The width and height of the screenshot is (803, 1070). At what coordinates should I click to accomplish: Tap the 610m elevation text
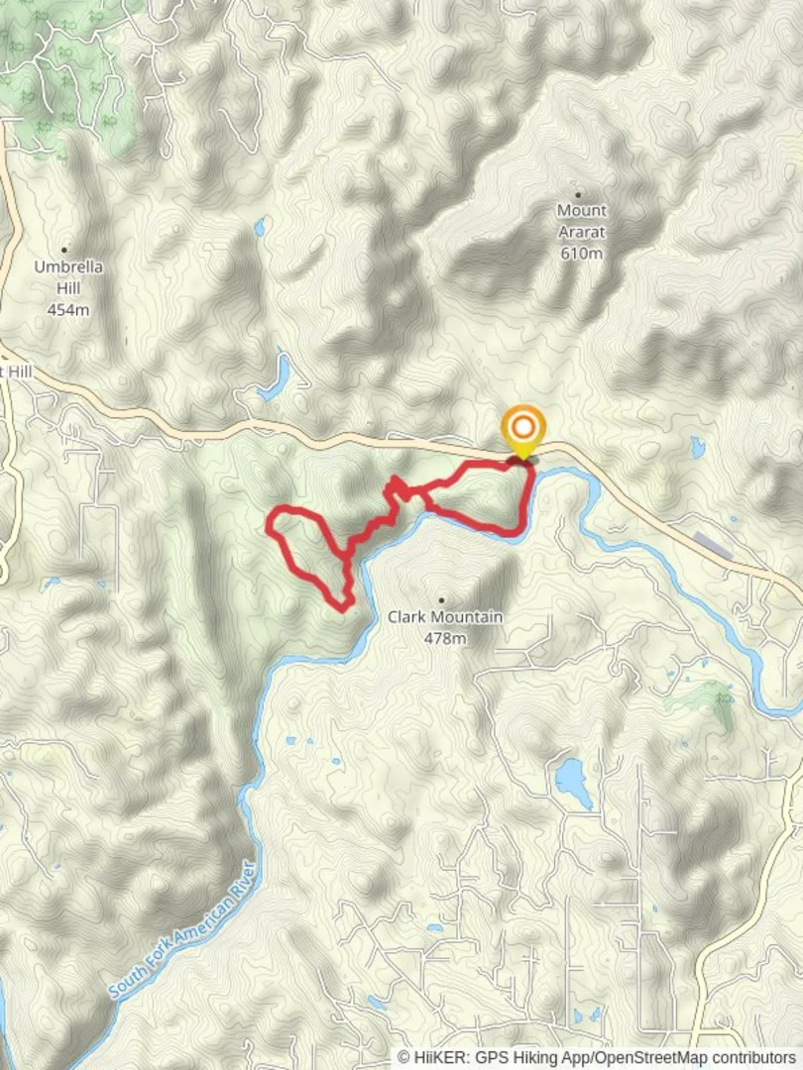(x=581, y=254)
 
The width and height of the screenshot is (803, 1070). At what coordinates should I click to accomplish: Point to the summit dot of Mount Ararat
(x=578, y=195)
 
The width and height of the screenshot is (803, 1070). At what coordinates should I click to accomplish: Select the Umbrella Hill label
(x=68, y=277)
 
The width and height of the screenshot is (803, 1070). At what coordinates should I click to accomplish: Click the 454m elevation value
(x=68, y=309)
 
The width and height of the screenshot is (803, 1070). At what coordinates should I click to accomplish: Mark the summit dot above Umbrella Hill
(x=65, y=250)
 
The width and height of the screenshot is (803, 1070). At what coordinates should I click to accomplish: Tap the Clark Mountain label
(x=444, y=617)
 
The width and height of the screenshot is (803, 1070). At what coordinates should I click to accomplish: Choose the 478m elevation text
(x=444, y=639)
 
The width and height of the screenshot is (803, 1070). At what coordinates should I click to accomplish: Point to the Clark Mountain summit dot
(x=441, y=600)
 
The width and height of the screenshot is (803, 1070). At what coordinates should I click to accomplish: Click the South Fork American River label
(x=185, y=929)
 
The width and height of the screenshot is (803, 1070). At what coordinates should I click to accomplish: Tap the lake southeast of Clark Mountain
(x=573, y=782)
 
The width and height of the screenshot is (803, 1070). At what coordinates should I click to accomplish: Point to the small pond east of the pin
(x=698, y=448)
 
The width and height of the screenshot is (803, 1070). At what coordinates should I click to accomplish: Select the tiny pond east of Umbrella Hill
(x=260, y=228)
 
